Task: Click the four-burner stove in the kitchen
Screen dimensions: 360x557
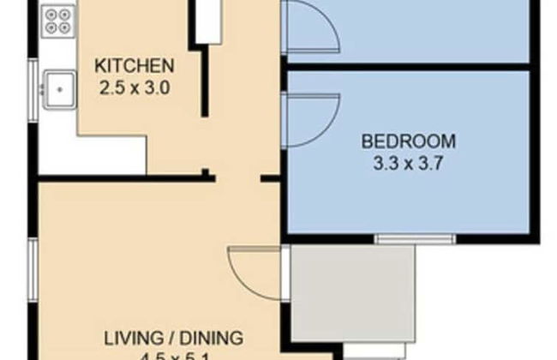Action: (57, 21)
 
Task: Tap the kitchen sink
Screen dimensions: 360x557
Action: (59, 87)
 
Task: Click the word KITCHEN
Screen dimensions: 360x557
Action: (135, 65)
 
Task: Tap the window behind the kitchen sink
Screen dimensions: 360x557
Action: (35, 86)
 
